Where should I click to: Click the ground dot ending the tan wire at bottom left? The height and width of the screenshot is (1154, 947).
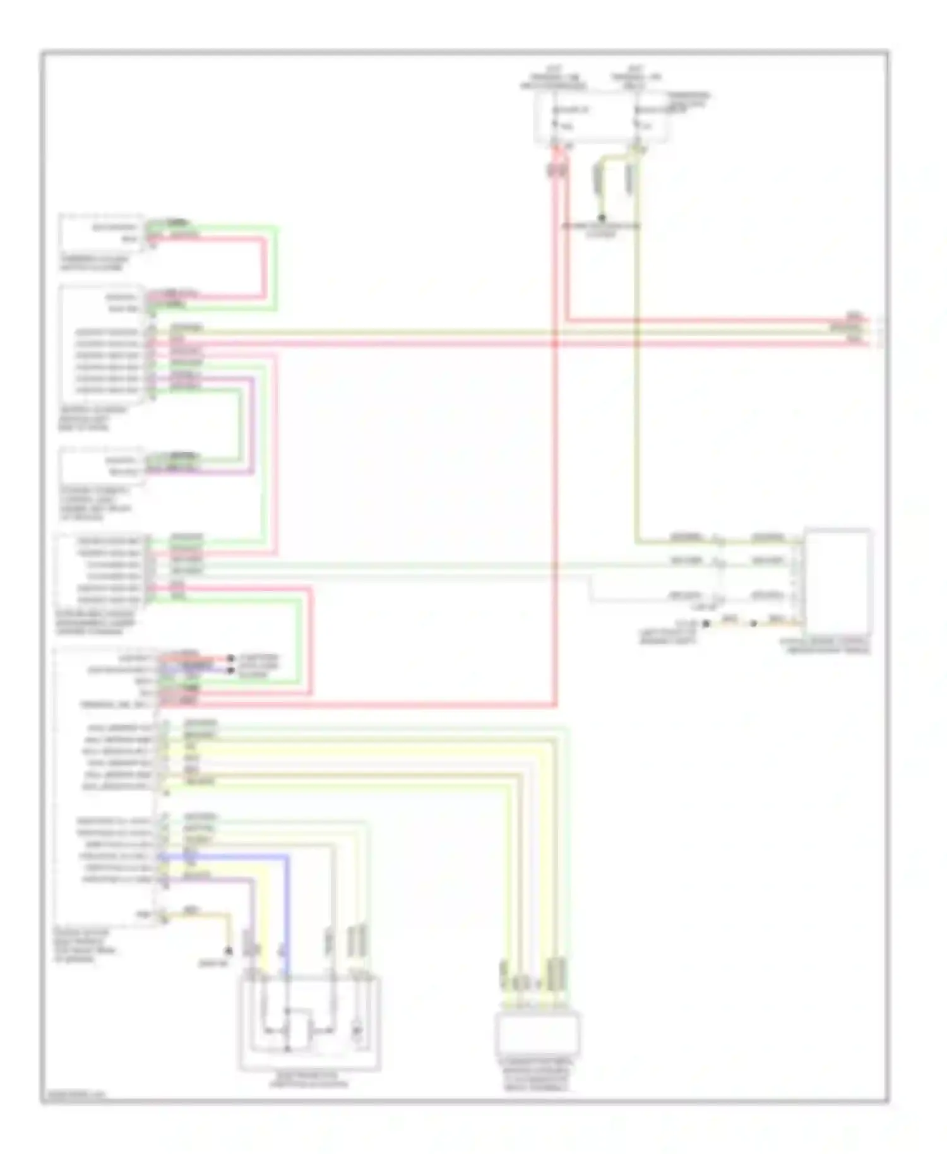229,951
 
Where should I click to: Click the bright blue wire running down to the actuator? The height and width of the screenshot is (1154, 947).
287,909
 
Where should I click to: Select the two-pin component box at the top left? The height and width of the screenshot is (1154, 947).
101,233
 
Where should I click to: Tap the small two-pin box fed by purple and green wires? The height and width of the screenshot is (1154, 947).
101,466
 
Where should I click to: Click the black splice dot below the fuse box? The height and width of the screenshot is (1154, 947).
602,218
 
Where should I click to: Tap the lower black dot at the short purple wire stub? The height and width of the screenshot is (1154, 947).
231,669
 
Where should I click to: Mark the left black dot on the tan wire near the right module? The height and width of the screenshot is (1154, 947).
706,623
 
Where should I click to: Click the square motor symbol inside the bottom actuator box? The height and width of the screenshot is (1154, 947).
299,1029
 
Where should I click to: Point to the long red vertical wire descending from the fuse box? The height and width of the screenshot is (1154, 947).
555,442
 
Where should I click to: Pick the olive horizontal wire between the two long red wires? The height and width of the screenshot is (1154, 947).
505,332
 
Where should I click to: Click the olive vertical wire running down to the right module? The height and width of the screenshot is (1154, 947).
637,379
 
